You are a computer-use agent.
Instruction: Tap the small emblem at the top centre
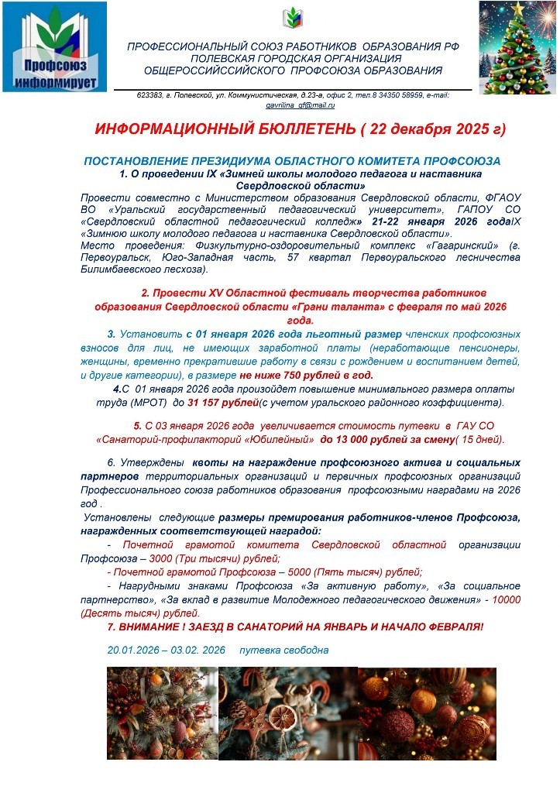point(293,17)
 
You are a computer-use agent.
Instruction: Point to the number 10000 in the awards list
point(506,599)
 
